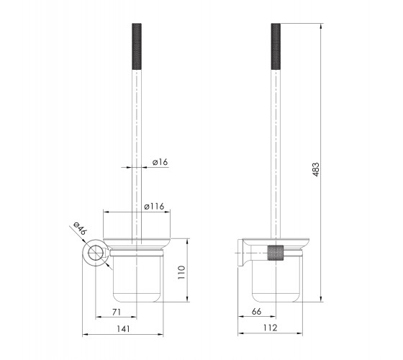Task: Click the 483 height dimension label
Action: click(316, 169)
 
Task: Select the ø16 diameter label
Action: click(160, 162)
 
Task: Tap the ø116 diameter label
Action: click(154, 206)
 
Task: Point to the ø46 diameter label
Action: click(79, 228)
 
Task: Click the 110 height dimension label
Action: click(181, 273)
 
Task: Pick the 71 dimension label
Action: click(117, 312)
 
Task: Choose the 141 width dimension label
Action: click(123, 329)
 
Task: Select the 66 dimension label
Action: click(256, 311)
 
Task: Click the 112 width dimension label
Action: click(270, 328)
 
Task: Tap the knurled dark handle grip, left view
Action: click(137, 47)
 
